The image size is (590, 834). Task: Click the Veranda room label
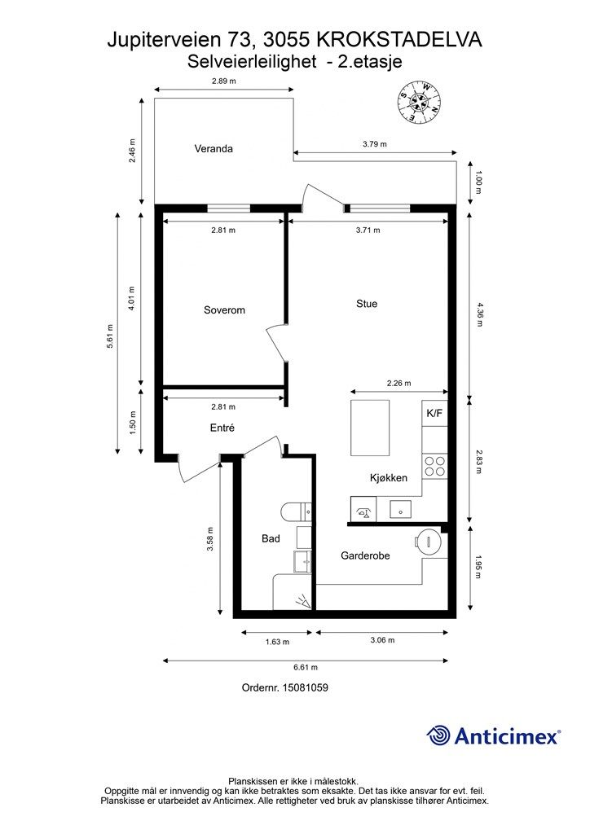click(x=214, y=149)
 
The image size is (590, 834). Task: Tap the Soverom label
click(x=224, y=310)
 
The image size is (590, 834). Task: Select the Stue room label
click(x=367, y=304)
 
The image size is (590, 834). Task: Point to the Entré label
click(x=222, y=428)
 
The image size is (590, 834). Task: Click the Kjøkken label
click(x=389, y=477)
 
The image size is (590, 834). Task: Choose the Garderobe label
click(x=366, y=555)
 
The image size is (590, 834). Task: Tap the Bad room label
click(x=271, y=539)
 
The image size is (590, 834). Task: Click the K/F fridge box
click(x=434, y=413)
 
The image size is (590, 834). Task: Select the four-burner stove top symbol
click(x=434, y=466)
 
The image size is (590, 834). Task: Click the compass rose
click(x=420, y=101)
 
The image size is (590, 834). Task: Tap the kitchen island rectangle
click(x=370, y=428)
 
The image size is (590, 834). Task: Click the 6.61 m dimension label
click(x=306, y=668)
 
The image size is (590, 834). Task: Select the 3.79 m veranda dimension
click(x=375, y=144)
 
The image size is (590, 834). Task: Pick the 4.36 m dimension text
click(x=478, y=314)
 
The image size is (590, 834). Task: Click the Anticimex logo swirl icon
click(x=438, y=736)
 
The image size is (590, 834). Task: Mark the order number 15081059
click(x=305, y=687)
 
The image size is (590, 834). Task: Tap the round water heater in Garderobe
click(x=429, y=542)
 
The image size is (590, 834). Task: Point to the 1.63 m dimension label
click(x=277, y=642)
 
